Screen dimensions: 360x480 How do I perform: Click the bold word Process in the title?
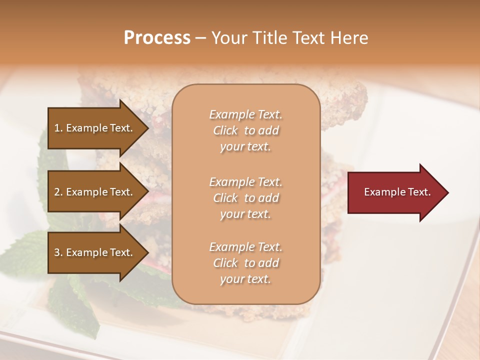coord(157,38)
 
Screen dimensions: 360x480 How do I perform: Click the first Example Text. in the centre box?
coord(245,114)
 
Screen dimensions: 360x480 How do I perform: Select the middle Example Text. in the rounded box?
coord(245,181)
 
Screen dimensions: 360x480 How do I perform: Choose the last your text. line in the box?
coord(245,279)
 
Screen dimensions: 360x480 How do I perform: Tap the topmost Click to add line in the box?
coord(245,130)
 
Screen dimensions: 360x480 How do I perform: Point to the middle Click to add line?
coord(245,198)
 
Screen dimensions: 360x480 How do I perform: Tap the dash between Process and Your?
coord(200,38)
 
